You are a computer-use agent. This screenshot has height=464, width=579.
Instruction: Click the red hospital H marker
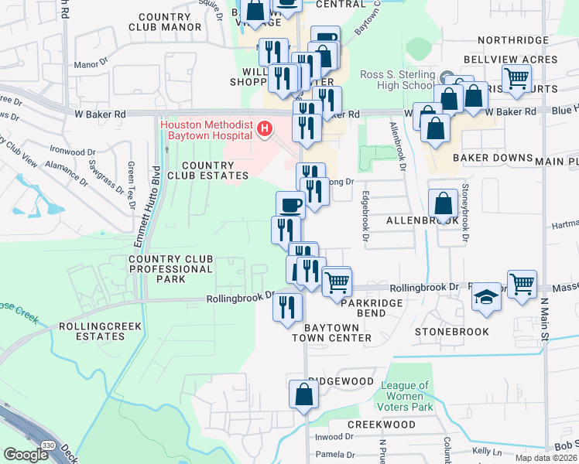pos(266,128)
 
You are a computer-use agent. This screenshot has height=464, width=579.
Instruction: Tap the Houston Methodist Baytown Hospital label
pos(206,131)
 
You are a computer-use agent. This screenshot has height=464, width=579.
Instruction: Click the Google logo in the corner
pos(26,455)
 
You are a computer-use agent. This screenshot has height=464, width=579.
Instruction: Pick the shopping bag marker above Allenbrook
pos(443,205)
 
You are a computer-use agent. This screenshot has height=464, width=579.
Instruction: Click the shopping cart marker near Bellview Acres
pos(516,77)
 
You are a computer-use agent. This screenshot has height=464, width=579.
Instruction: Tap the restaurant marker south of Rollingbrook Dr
pos(286,307)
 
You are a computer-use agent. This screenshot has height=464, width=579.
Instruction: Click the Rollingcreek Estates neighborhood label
pos(101,331)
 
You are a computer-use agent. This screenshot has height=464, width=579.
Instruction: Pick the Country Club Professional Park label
pos(170,269)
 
